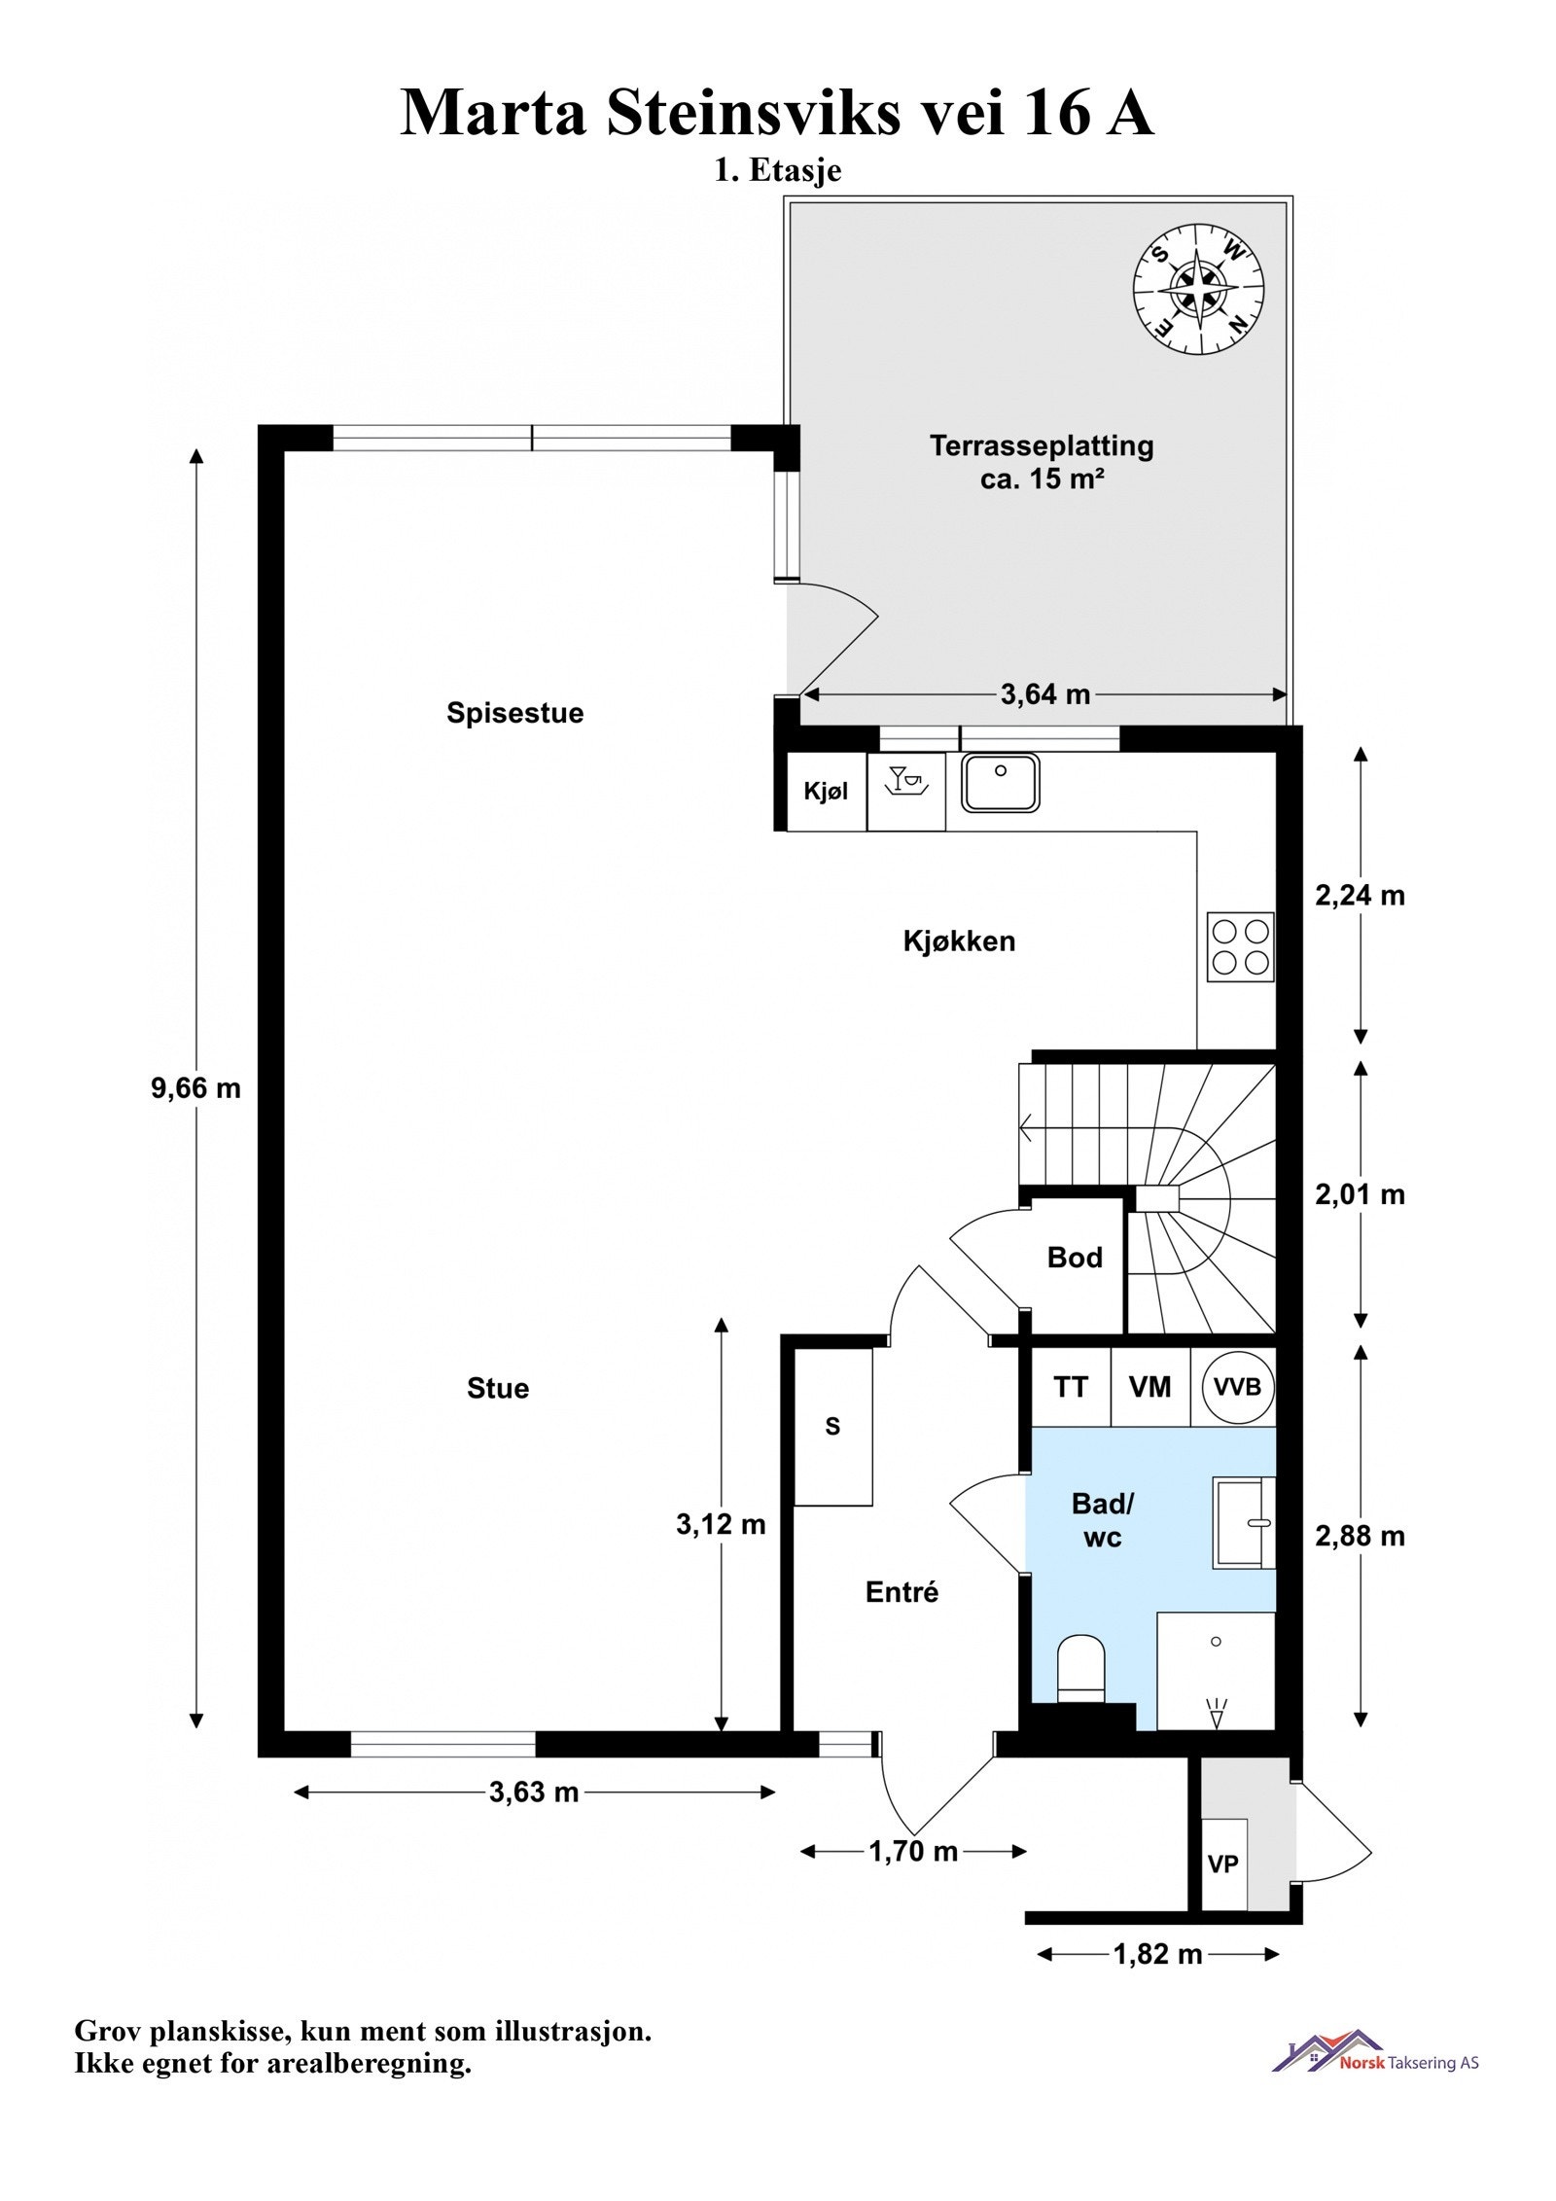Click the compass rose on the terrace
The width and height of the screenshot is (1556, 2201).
tap(1198, 289)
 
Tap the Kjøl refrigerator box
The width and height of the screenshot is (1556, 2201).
tap(826, 791)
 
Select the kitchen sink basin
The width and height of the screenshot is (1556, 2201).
tap(1001, 783)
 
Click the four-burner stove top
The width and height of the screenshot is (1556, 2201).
tap(1241, 946)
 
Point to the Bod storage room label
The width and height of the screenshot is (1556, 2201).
tap(1075, 1258)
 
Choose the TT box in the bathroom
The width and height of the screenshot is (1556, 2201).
tap(1071, 1387)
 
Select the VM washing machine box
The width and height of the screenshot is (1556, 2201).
tap(1150, 1387)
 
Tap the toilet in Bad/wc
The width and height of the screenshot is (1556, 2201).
tap(1081, 1668)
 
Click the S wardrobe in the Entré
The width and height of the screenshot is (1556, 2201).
tap(832, 1427)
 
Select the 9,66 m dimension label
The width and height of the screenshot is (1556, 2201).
tap(195, 1087)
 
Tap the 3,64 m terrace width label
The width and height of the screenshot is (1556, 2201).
tap(1045, 694)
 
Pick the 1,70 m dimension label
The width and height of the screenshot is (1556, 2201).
tap(913, 1851)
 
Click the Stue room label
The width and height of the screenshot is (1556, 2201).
tap(498, 1388)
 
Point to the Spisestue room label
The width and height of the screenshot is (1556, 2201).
tap(515, 713)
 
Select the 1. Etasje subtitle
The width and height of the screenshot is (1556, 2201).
tap(778, 170)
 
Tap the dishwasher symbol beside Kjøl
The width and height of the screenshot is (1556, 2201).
tap(905, 791)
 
